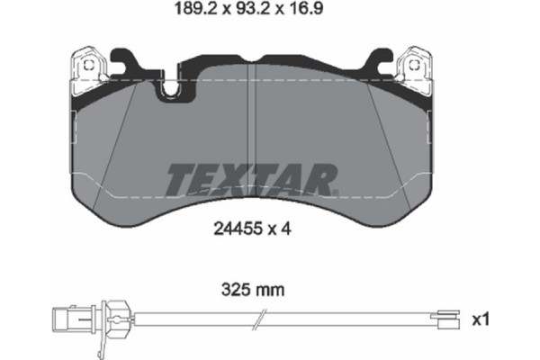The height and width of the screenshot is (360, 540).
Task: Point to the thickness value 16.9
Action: click(x=318, y=13)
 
